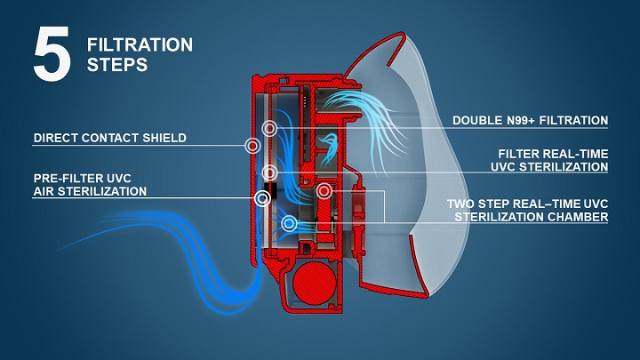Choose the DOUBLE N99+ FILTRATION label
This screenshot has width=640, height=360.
530,120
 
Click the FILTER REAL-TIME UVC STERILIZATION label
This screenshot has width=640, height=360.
553,160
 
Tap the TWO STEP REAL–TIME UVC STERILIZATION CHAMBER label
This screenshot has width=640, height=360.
527,210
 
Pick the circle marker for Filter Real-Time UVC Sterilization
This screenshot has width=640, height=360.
270,172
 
